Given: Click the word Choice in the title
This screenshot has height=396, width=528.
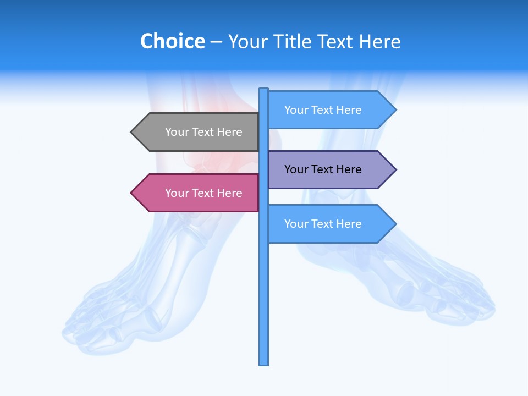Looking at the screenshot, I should [x=172, y=41].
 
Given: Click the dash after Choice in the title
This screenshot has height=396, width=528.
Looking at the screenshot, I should [x=216, y=42].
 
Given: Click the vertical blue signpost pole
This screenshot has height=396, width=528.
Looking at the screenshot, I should [x=264, y=302].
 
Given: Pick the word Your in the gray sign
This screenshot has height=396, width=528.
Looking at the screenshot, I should [x=177, y=132].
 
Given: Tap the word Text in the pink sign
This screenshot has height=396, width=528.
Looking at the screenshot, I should [x=204, y=193].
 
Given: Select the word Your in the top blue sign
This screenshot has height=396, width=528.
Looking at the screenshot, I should [x=296, y=110].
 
